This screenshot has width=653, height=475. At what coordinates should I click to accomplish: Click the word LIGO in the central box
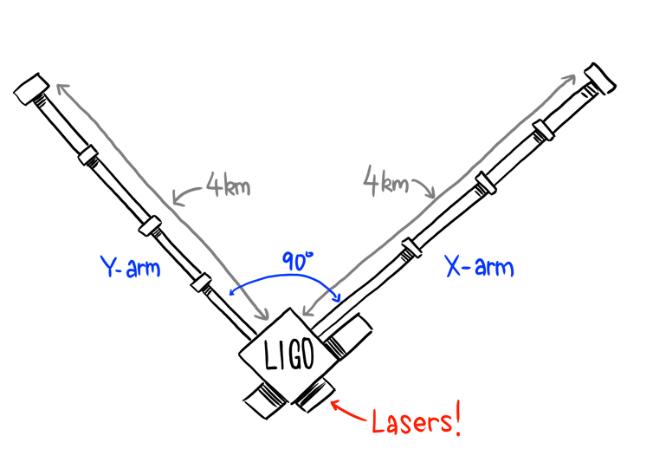pos(289,355)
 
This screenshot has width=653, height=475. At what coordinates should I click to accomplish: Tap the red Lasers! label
pos(417,421)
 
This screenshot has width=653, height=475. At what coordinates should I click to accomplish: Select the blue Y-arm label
pos(131,267)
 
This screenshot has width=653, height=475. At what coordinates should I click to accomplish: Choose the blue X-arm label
pos(479,266)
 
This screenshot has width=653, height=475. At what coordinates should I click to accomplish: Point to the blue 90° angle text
pos(297,261)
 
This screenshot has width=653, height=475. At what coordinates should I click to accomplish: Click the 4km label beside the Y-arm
pos(229,185)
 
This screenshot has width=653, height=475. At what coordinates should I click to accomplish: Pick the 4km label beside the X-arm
pos(385,181)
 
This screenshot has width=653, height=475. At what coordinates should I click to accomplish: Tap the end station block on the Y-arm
pos(31,89)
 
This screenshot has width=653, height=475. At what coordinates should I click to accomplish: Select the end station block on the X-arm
pos(600,79)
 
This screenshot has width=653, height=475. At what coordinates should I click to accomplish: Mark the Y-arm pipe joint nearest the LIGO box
pos(201,283)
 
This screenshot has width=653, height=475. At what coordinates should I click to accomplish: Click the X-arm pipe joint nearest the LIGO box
pos(411,248)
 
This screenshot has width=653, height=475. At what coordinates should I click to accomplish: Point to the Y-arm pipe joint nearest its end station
pos(88,155)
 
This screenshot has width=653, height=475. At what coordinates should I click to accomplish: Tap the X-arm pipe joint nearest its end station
pos(544,130)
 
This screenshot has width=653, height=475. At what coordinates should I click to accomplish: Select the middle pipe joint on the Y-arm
pos(150,226)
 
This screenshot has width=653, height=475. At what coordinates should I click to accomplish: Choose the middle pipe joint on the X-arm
pos(486,184)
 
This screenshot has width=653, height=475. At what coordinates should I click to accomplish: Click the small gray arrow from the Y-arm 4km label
pos(187,195)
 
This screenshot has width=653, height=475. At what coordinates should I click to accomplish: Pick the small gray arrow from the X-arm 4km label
pos(424,187)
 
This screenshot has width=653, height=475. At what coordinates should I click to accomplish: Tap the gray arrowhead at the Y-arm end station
pos(63,89)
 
